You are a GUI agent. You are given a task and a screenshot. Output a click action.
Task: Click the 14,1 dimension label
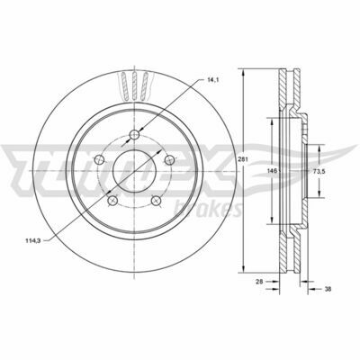[213, 80]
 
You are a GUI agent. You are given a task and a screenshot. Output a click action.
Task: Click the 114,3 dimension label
[32, 240]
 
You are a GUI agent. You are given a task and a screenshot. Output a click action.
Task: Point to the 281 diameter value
[243, 160]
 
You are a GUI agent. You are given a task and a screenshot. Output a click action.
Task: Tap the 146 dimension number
[272, 171]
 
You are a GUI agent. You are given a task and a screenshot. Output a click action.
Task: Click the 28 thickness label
[259, 282]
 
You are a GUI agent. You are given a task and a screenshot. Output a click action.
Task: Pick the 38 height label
[328, 289]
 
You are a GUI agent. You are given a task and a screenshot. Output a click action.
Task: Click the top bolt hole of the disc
[134, 135]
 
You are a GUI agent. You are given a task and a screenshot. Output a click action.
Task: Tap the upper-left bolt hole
[99, 159]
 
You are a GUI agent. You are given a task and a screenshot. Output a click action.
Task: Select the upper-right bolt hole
[170, 159]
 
